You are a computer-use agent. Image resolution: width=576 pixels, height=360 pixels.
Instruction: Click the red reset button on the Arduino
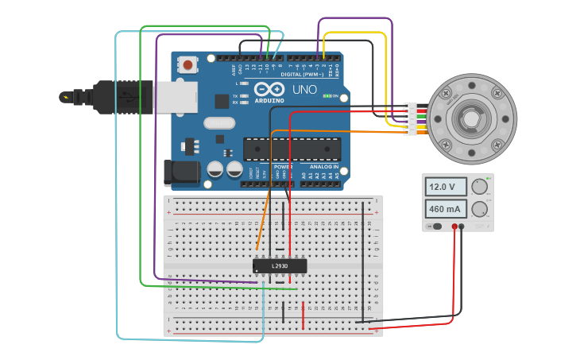(187, 64)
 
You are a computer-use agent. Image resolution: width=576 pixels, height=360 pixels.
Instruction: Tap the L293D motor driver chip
(280, 265)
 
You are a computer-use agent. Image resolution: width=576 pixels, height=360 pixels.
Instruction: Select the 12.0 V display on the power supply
(446, 187)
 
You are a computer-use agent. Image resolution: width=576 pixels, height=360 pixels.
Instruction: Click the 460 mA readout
(446, 210)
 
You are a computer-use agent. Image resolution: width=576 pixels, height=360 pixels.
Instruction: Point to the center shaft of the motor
(471, 119)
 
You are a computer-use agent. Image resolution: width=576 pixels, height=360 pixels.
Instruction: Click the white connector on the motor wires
(410, 119)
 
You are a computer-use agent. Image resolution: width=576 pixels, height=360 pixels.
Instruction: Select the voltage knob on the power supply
(479, 187)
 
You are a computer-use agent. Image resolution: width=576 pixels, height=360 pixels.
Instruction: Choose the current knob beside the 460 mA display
(479, 210)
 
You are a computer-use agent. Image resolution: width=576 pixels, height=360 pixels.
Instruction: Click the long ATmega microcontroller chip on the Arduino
(292, 149)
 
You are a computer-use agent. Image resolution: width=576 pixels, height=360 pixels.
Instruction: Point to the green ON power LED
(327, 96)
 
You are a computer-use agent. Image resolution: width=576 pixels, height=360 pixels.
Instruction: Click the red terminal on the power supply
(454, 226)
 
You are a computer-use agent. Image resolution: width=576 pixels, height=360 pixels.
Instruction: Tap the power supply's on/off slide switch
(435, 226)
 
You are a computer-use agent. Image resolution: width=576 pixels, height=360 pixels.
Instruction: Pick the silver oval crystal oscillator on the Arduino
(218, 122)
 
